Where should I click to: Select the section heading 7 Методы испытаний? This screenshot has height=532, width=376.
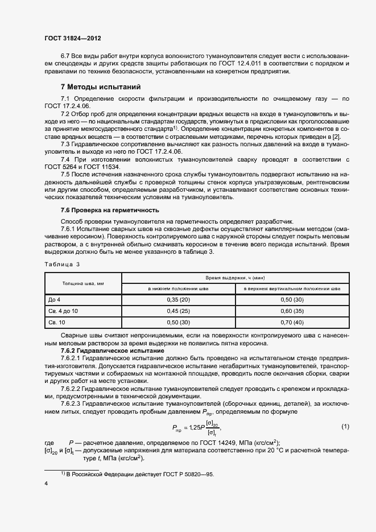(101, 87)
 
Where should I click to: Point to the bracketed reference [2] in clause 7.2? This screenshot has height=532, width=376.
(336, 137)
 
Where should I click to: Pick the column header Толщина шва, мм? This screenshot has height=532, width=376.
(83, 283)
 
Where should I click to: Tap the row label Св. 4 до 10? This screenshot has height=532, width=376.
(63, 311)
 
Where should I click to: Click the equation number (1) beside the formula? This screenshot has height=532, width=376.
(344, 426)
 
